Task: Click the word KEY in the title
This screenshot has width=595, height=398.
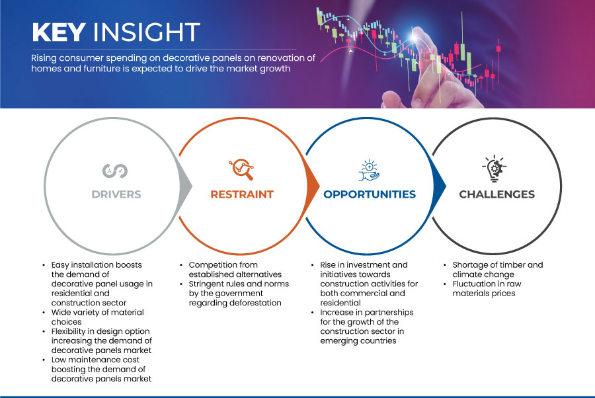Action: (x=59, y=32)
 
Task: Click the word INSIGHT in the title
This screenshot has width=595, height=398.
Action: (x=147, y=32)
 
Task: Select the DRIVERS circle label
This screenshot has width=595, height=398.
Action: (x=116, y=194)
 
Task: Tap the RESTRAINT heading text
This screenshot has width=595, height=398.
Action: (x=242, y=194)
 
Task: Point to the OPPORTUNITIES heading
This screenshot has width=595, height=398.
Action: (x=370, y=194)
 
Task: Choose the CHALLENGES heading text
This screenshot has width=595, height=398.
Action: (x=496, y=194)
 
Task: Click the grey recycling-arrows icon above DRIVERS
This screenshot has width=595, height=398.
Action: (x=115, y=171)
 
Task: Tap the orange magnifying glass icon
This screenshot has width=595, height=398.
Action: (x=241, y=169)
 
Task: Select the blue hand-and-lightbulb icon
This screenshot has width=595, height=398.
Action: (x=369, y=171)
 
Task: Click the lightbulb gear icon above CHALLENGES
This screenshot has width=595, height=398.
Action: (x=495, y=168)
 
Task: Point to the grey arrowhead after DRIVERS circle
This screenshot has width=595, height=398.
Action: (x=186, y=186)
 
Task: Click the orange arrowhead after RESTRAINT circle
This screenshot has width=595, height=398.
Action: (x=313, y=186)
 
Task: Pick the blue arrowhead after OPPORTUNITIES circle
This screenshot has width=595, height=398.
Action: (x=440, y=186)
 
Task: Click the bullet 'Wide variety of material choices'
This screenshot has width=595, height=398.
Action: (x=98, y=317)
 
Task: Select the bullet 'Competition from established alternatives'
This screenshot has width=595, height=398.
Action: (x=235, y=269)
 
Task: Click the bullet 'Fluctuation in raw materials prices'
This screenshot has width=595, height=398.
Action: (x=487, y=288)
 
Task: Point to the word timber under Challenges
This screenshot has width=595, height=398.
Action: (x=512, y=265)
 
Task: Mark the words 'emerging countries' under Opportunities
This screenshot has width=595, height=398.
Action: (x=358, y=340)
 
